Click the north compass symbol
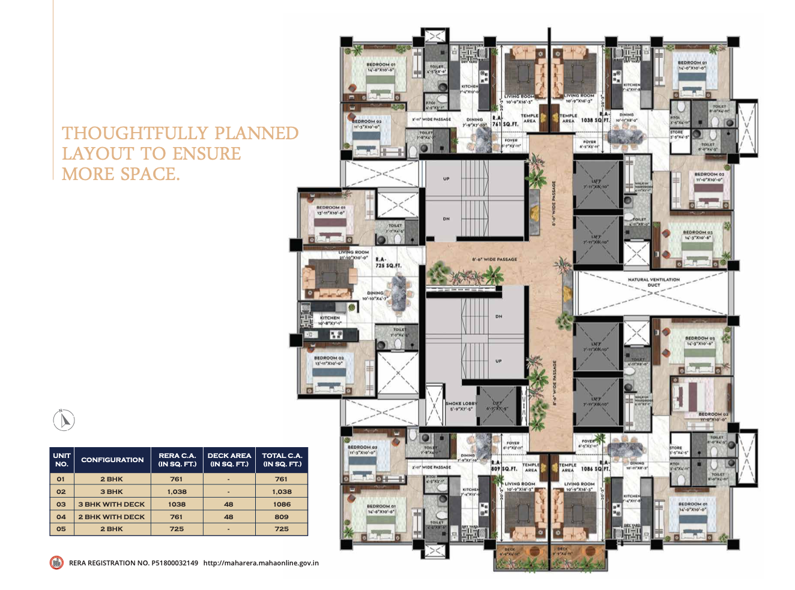64,420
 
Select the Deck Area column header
229,460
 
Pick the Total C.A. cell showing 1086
282,504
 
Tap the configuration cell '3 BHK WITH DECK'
112,504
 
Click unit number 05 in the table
61,529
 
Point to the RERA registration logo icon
56,563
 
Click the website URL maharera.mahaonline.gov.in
261,563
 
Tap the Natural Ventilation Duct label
654,282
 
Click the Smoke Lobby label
461,406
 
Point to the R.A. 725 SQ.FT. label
388,262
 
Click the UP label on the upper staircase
446,179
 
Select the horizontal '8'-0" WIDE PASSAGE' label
494,259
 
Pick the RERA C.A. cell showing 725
177,529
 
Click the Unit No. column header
61,460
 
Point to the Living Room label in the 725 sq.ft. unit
354,254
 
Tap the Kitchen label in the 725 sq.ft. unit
330,320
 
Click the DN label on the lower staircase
498,316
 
